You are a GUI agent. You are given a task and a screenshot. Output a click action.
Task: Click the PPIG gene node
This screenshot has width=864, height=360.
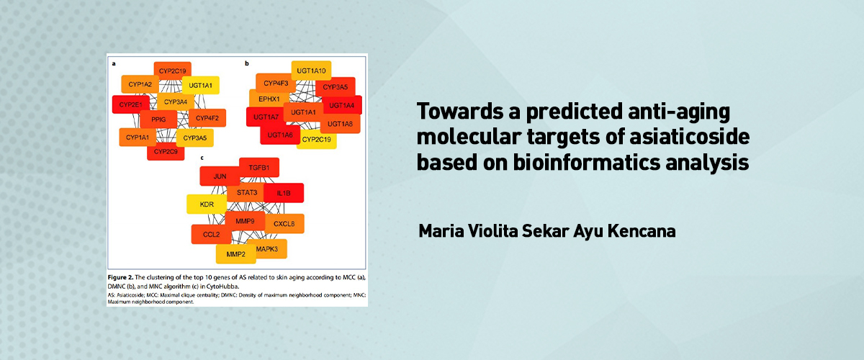pos(158,120)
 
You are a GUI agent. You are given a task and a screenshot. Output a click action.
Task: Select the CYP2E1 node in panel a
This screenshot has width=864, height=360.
pos(131,104)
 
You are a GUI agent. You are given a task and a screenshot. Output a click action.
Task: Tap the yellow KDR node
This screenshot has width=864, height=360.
pos(207,204)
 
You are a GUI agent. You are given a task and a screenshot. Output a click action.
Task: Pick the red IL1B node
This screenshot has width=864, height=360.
pos(284,193)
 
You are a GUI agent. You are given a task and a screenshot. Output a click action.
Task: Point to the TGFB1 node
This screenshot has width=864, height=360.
pos(259,168)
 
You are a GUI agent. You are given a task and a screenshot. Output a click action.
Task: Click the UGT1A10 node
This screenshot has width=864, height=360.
pos(311,71)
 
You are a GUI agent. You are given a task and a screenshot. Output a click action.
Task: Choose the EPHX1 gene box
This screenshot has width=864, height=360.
pos(269,99)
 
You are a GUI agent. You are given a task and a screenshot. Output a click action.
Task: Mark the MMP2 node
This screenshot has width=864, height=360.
pos(236,254)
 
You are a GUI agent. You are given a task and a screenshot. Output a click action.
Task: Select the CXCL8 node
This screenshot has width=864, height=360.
pos(284,224)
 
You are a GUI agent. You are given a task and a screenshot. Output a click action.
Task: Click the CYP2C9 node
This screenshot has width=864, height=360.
pos(166,152)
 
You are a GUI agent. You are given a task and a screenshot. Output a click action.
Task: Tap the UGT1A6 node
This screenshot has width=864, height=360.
pos(280,135)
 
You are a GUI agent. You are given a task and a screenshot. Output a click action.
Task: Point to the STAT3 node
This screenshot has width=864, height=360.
pos(247,192)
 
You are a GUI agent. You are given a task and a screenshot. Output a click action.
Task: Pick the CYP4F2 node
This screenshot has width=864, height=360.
pos(207,118)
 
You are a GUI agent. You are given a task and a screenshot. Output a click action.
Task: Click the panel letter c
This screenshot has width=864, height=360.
pos(202,158)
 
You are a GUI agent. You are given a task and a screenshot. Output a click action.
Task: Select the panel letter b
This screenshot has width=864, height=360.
pos(247,63)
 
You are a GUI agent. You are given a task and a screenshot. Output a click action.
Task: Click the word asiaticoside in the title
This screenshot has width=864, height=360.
pos(690,137)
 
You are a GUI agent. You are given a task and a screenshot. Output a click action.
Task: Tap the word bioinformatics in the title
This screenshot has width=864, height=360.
pos(586,163)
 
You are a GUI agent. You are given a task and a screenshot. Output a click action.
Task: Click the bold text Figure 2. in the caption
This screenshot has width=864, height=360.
pos(120,277)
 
